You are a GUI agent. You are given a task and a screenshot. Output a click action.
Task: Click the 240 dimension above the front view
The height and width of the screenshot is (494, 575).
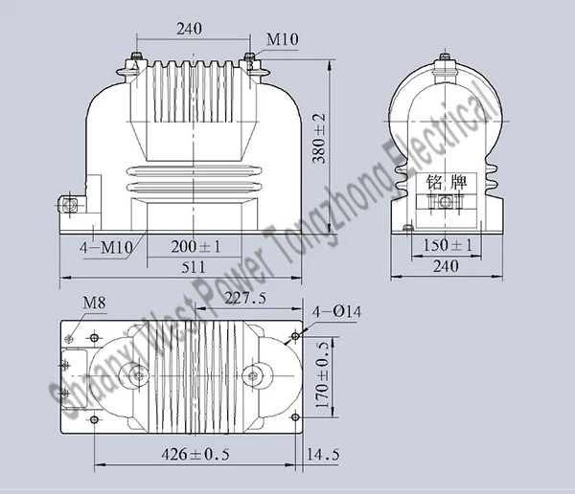pyautogui.click(x=190, y=30)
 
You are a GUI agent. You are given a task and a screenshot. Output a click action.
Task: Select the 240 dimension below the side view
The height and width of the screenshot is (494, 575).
pyautogui.click(x=448, y=268)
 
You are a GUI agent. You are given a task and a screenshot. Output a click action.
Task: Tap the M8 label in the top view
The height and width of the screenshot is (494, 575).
pyautogui.click(x=94, y=304)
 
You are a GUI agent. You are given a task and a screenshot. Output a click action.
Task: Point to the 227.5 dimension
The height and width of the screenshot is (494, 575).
pyautogui.click(x=245, y=300)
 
